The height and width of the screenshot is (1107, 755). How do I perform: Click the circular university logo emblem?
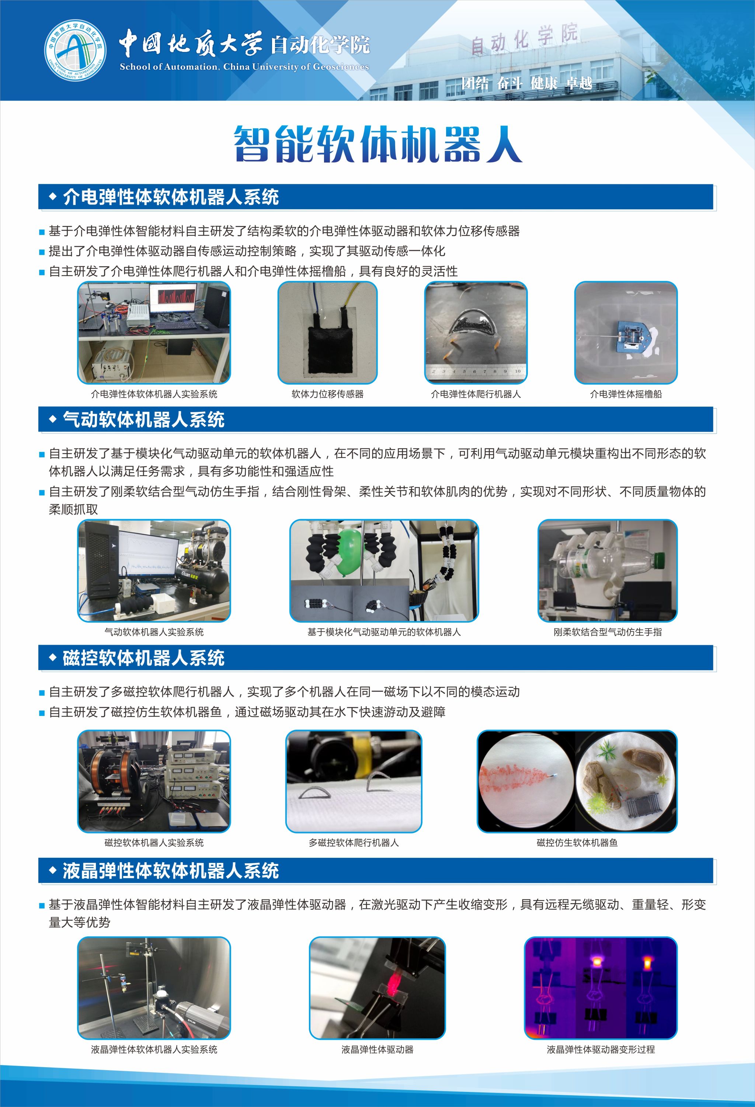[75, 50]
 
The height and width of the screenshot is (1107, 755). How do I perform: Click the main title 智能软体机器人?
[378, 144]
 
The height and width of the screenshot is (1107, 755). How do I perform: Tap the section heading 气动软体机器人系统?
[143, 420]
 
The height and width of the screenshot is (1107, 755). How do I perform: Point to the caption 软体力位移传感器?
[328, 394]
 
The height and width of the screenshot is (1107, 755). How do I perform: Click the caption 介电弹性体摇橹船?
[626, 394]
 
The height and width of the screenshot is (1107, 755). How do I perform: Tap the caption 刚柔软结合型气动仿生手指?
[607, 632]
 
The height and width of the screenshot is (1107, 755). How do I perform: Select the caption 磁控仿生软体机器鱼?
[577, 843]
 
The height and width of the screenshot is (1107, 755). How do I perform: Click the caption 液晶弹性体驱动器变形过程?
[601, 1049]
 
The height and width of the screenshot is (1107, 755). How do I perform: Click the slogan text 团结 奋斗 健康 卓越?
[527, 83]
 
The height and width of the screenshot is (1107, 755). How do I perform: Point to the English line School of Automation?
[244, 67]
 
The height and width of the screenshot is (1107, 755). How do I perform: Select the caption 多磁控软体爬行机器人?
[354, 843]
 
